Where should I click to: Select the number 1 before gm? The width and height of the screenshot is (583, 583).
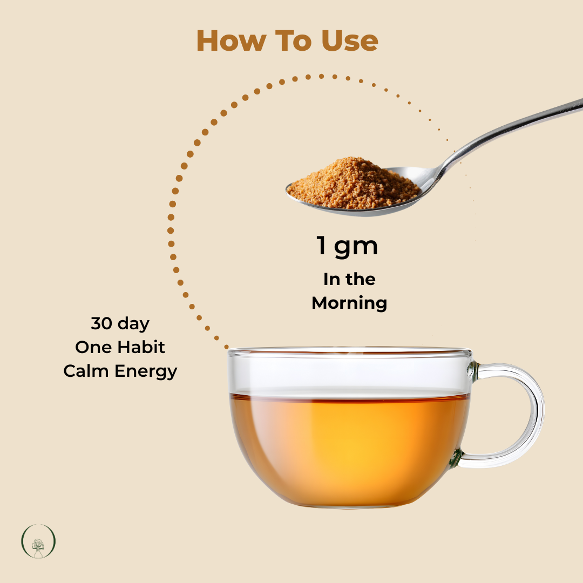[322, 247]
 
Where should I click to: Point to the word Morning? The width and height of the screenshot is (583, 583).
[349, 303]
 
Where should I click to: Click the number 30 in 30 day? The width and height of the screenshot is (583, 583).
[101, 324]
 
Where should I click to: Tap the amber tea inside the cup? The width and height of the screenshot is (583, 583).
[351, 443]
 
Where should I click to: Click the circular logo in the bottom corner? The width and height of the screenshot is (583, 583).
[38, 541]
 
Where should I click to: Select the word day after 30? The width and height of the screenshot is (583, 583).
[135, 324]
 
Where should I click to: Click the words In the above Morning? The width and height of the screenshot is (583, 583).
[349, 279]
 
